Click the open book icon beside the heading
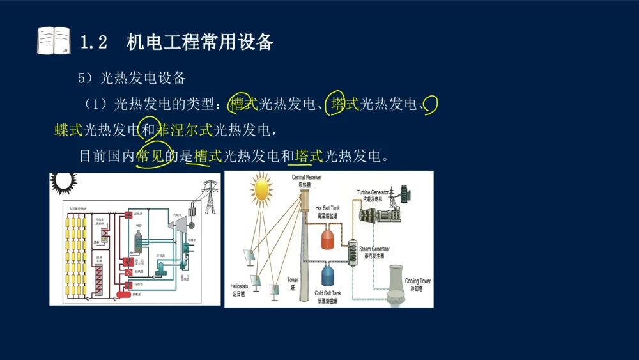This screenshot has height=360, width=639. click(54, 41)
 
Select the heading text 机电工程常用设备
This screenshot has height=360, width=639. click(200, 42)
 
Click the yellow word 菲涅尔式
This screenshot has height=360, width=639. click(185, 130)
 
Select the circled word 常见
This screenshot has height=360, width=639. click(151, 156)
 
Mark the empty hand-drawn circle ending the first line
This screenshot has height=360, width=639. click(431, 102)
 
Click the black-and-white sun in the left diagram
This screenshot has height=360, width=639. click(64, 183)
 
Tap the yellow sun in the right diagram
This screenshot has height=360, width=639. click(261, 189)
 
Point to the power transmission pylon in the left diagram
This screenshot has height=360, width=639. click(210, 196)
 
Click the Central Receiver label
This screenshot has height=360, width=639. click(307, 177)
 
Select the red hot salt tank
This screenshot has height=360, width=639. click(328, 239)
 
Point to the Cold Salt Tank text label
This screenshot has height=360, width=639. click(328, 293)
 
